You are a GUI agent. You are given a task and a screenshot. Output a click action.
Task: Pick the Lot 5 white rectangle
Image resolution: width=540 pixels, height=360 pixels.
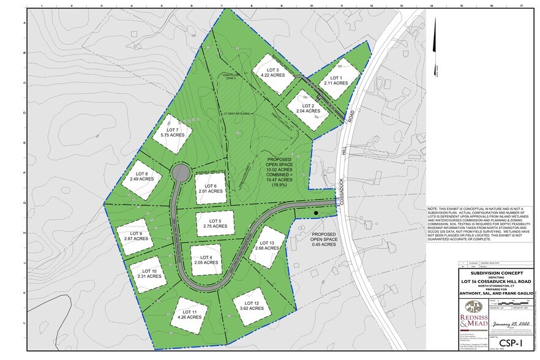[215, 223]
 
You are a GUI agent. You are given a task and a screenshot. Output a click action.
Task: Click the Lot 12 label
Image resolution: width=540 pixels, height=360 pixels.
[252, 306]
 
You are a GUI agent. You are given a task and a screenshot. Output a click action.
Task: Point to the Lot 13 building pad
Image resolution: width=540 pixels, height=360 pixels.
[267, 246]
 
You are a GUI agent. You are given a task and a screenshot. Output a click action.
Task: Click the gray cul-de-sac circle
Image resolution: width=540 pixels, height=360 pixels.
[181, 173]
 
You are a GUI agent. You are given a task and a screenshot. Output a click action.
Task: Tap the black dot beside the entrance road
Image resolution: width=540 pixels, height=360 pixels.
[316, 213]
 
